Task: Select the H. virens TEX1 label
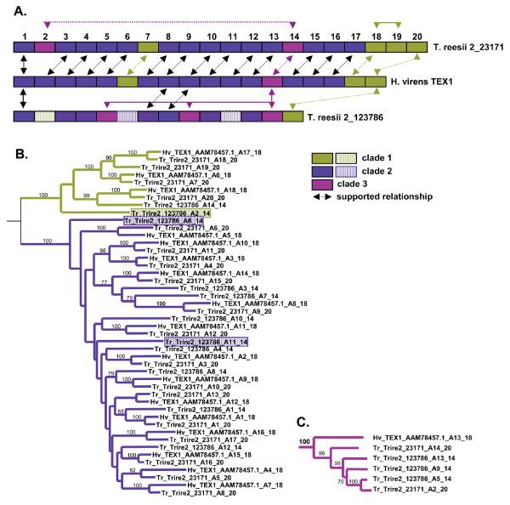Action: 428,82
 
